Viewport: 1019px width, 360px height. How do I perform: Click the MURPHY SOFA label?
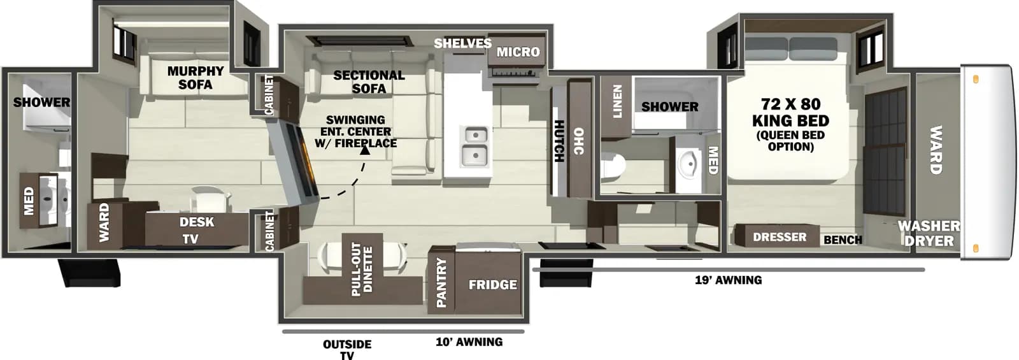point(195,78)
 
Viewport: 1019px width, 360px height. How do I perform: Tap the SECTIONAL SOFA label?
point(369,82)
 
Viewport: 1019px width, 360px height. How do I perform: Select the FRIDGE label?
point(492,285)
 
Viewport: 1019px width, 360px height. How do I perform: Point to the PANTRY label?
point(441,282)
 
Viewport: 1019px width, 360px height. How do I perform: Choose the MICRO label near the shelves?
point(518,52)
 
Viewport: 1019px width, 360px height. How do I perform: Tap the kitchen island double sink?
point(475,145)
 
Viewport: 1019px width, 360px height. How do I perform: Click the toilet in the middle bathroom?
point(612,167)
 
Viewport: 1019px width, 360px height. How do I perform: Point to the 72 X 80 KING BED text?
point(790,112)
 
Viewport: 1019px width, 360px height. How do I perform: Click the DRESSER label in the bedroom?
point(780,237)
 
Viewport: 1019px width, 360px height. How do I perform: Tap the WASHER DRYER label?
point(929,233)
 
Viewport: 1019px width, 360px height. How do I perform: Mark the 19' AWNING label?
point(728,280)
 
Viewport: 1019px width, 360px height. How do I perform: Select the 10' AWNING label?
point(469,342)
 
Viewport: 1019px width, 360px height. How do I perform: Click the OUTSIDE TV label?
point(347,349)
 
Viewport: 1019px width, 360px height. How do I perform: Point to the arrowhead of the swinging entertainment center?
point(365,150)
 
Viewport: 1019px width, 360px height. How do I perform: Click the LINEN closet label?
point(616,102)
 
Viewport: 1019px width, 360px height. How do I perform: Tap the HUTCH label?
point(559,141)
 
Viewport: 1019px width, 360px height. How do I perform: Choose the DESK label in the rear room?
point(197,222)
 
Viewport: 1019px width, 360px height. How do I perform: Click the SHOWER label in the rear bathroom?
point(42,102)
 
